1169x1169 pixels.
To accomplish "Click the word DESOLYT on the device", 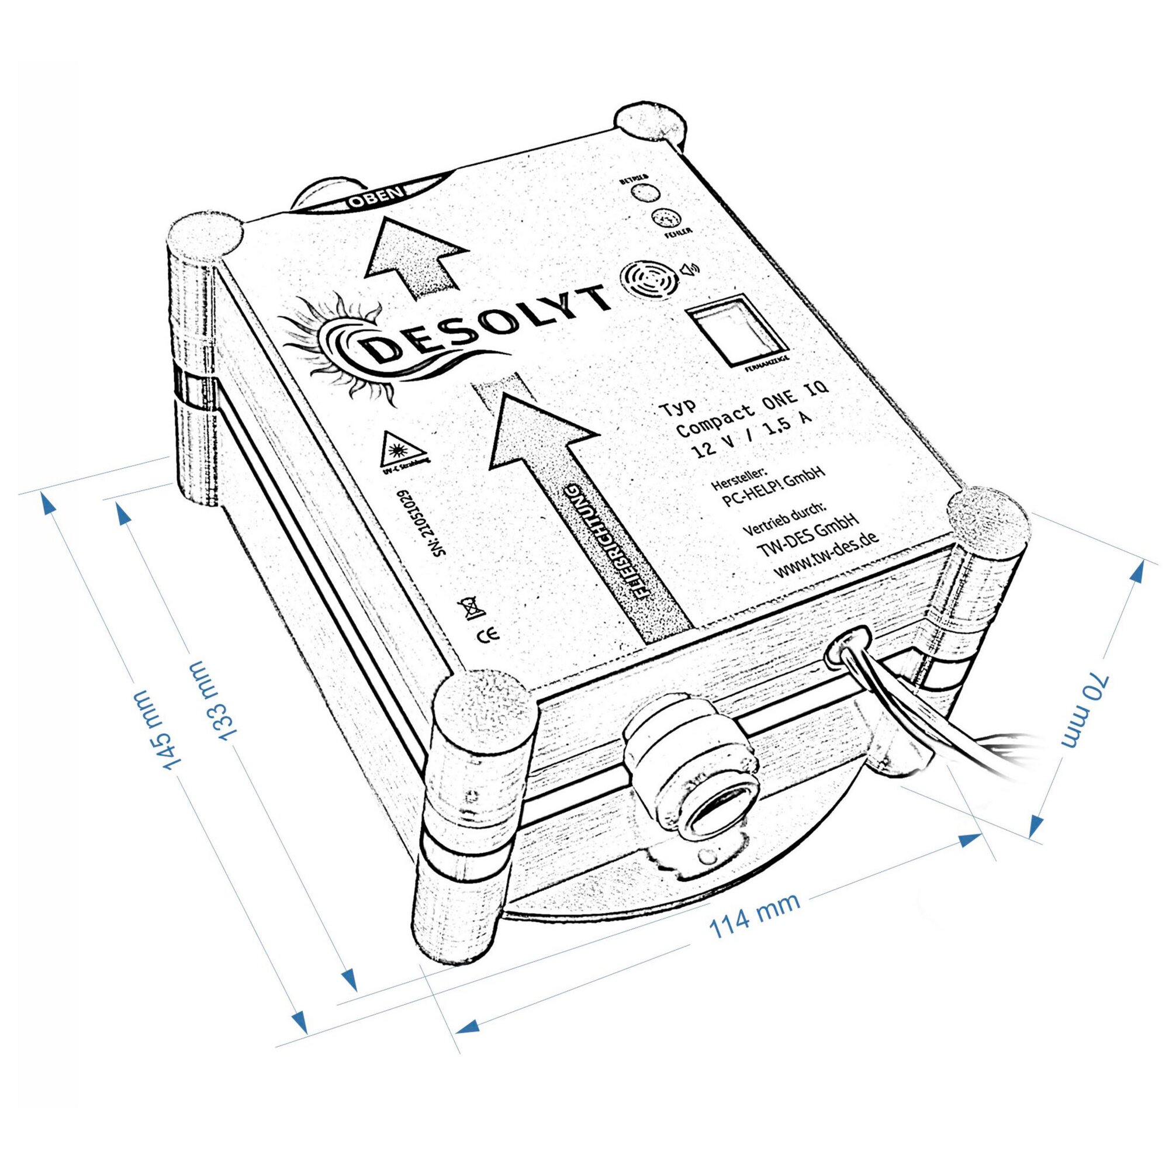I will click(484, 331).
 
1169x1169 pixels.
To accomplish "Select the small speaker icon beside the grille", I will click(690, 269).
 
